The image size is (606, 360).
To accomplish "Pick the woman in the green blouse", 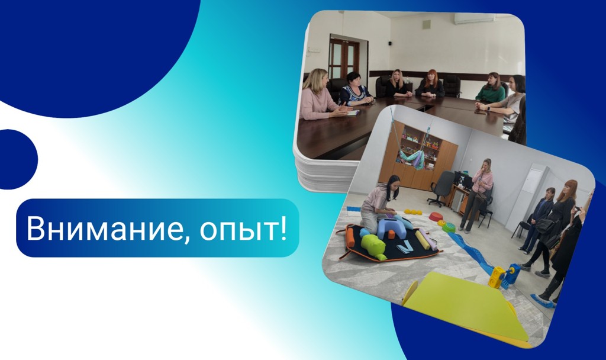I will (491, 89).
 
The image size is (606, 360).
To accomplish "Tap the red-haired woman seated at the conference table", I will (431, 85).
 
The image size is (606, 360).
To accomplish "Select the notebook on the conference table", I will (352, 112).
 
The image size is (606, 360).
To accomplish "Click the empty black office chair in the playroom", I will (442, 186).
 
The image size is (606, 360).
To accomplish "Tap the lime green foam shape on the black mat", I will (373, 246).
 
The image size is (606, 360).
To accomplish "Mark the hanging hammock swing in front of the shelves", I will (412, 157).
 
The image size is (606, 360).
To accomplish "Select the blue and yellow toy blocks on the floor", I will (504, 276).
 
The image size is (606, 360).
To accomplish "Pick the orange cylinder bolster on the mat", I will (350, 237).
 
